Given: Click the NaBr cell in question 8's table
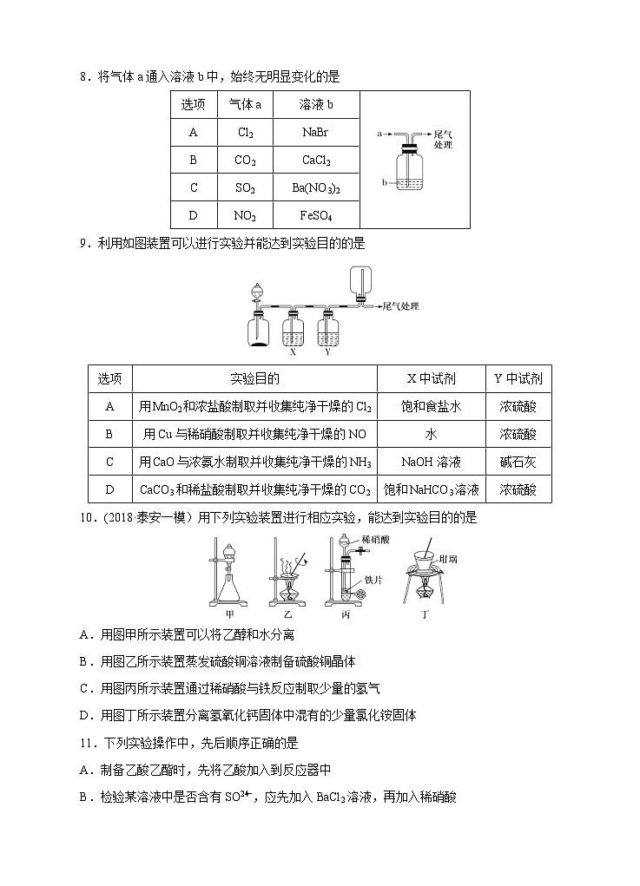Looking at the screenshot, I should [315, 133].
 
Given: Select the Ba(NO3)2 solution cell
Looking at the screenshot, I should [316, 187].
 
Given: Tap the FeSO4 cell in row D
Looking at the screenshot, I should [316, 215].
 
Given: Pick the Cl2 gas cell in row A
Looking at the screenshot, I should [245, 133].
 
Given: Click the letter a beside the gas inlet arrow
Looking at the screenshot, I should [379, 135].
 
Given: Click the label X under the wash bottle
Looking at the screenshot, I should [293, 352].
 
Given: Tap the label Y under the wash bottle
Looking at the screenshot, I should [327, 352].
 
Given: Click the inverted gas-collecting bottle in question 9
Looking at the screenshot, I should [357, 282].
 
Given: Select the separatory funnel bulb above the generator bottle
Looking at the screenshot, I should [257, 292].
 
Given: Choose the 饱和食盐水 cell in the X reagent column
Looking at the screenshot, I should [431, 406].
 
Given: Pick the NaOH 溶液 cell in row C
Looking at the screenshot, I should [431, 462].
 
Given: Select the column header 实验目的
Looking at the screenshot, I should [254, 378].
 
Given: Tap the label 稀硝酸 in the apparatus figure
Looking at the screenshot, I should [376, 539].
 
